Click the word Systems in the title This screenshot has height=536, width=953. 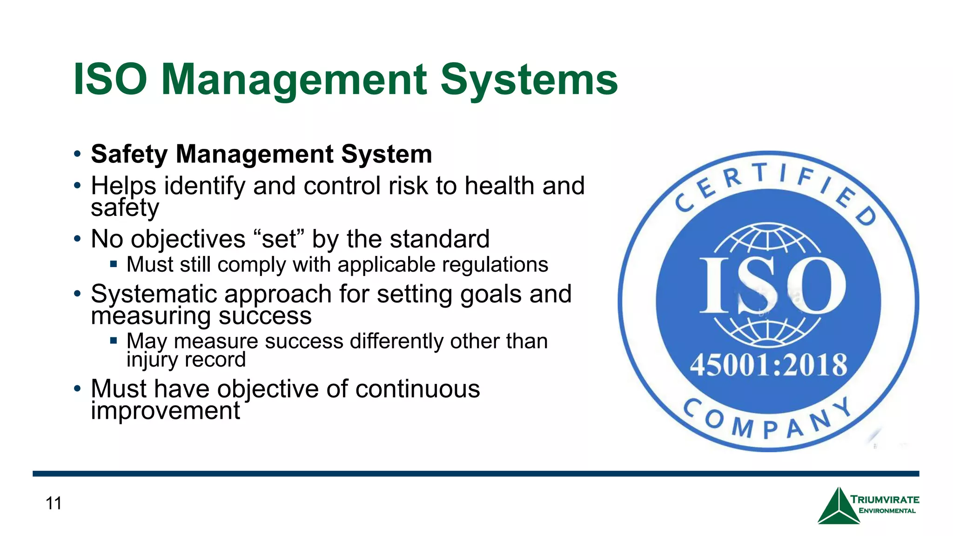click(529, 80)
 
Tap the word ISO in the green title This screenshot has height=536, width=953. click(110, 80)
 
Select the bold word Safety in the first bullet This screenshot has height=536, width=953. click(129, 154)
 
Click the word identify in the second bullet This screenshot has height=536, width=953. click(205, 186)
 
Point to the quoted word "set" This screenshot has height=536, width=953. click(279, 239)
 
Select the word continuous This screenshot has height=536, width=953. click(417, 389)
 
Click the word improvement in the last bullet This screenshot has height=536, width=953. click(165, 411)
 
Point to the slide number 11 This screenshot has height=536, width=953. click(54, 503)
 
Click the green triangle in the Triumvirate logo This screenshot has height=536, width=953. click(839, 507)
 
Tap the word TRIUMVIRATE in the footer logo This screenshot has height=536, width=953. click(885, 500)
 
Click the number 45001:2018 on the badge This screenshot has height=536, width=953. click(768, 365)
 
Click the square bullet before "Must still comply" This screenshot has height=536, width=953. click(114, 264)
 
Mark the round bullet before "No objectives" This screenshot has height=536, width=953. click(77, 240)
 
